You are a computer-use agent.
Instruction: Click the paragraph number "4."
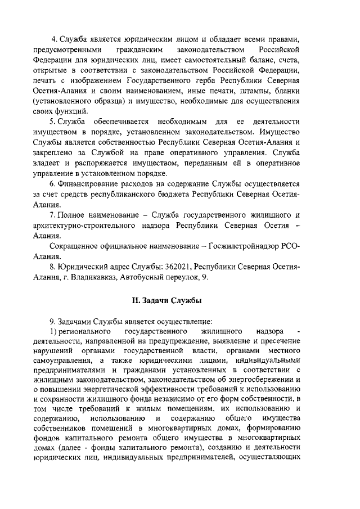54,38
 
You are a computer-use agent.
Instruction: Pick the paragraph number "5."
52,122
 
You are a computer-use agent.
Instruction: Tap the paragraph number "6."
52,184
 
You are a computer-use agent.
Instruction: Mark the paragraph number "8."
52,265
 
